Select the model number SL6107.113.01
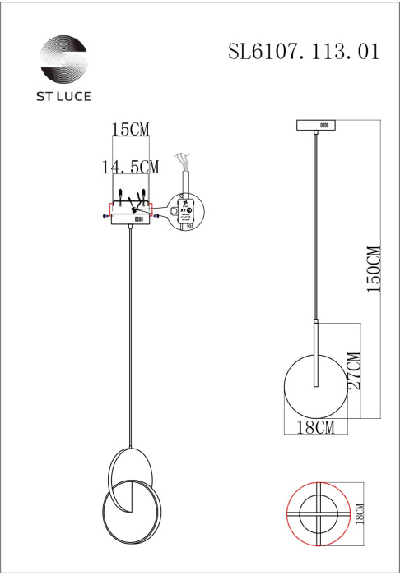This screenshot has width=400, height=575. pos(304,52)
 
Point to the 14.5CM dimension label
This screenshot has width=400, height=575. pos(130,167)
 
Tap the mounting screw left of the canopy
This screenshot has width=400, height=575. pos(104,217)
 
